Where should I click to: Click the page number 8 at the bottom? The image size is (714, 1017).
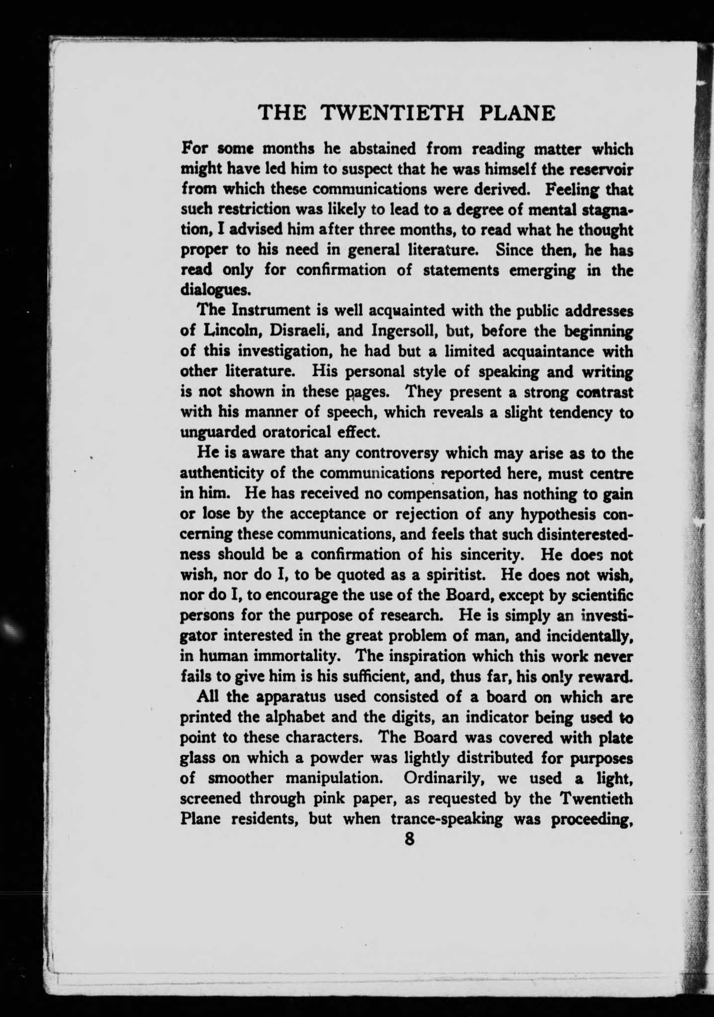pyautogui.click(x=409, y=839)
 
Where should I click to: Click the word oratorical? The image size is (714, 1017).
pyautogui.click(x=309, y=432)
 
